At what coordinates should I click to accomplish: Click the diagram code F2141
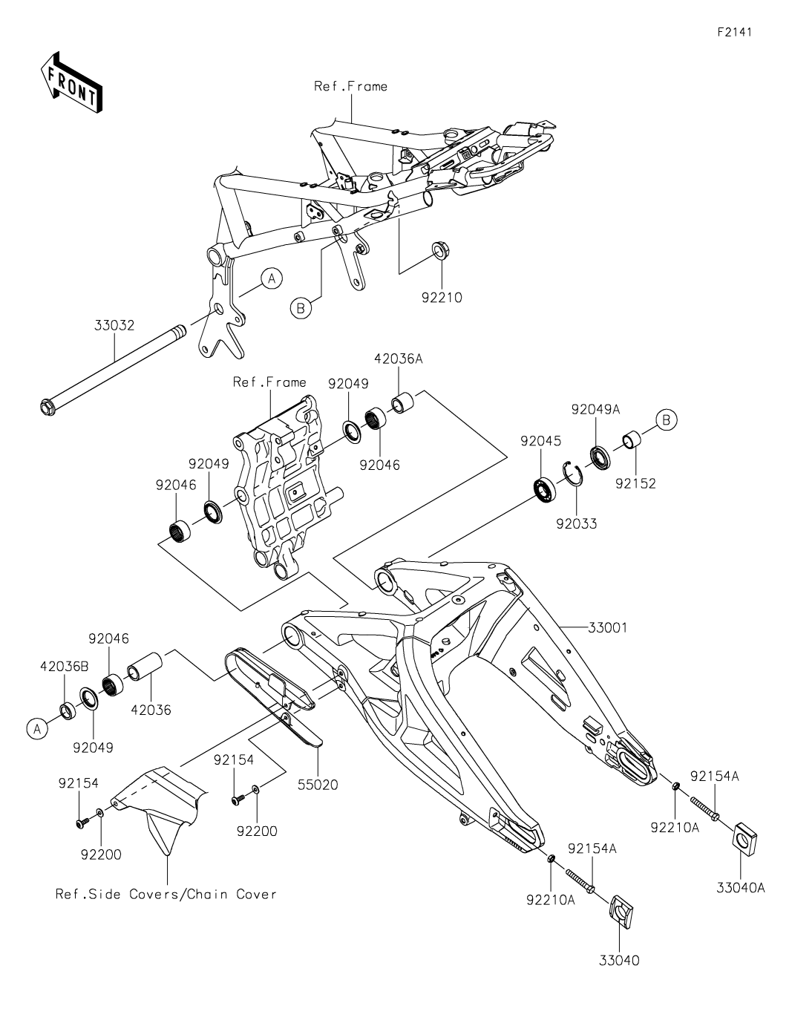(x=733, y=33)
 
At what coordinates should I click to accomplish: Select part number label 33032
(x=114, y=325)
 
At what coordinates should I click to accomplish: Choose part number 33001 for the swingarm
(x=607, y=627)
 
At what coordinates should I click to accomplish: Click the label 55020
(x=318, y=785)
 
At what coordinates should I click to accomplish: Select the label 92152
(x=635, y=483)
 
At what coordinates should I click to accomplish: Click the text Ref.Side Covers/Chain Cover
(x=166, y=894)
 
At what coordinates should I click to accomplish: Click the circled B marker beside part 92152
(x=666, y=421)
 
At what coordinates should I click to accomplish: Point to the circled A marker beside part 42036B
(x=35, y=730)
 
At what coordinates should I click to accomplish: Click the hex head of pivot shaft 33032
(x=47, y=407)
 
